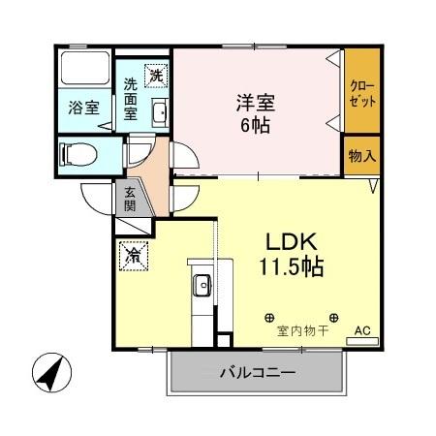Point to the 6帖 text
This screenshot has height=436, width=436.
[x=256, y=124]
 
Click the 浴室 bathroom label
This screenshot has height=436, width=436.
[x=82, y=108]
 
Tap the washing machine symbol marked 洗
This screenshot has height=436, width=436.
[x=154, y=73]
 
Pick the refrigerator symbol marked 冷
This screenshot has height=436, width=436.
[x=133, y=256]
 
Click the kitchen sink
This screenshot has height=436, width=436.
[x=202, y=286]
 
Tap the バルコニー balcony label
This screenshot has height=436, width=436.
[x=256, y=372]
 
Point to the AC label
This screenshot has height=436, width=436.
[x=362, y=331]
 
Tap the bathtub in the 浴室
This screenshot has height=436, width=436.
[x=83, y=69]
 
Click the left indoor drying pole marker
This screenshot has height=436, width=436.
[x=270, y=317]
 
